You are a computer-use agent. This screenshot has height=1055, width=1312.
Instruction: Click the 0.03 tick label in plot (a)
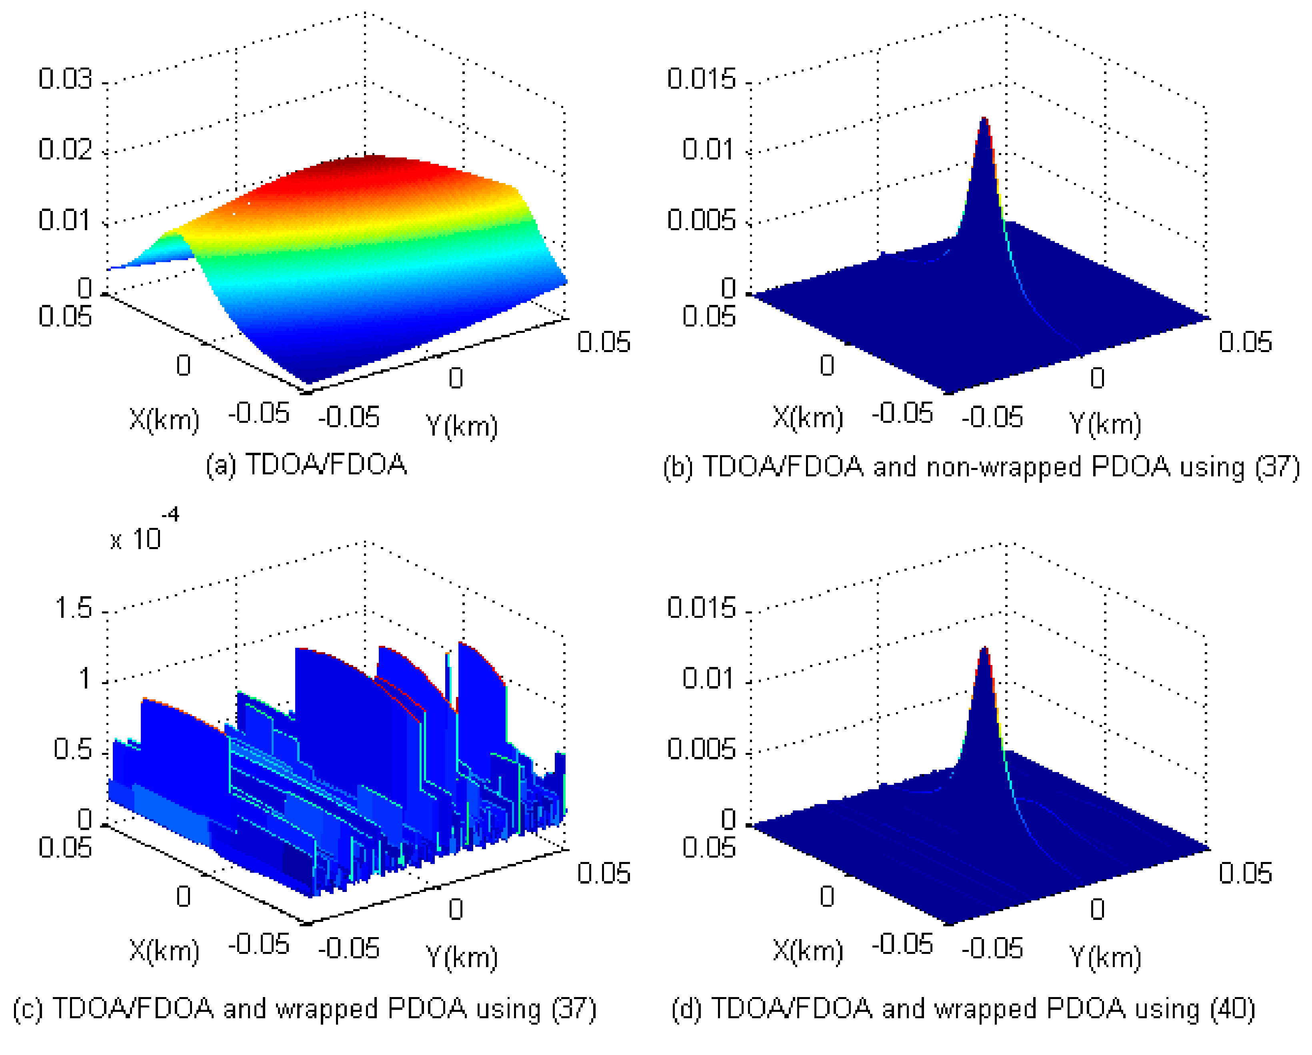(65, 79)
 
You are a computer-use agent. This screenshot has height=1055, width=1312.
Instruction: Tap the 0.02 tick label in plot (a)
(65, 149)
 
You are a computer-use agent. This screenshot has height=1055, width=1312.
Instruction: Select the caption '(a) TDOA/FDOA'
(306, 465)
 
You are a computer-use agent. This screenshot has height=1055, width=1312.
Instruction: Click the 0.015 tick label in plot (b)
(701, 79)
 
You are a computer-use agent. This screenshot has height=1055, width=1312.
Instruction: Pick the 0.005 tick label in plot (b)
(701, 220)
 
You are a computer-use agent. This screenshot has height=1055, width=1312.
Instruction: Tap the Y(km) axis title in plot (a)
(461, 425)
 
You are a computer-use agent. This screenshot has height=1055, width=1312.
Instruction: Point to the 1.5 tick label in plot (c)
(73, 609)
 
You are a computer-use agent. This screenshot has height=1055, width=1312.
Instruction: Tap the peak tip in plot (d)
(984, 649)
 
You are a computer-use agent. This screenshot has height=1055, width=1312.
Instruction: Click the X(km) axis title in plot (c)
(164, 950)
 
